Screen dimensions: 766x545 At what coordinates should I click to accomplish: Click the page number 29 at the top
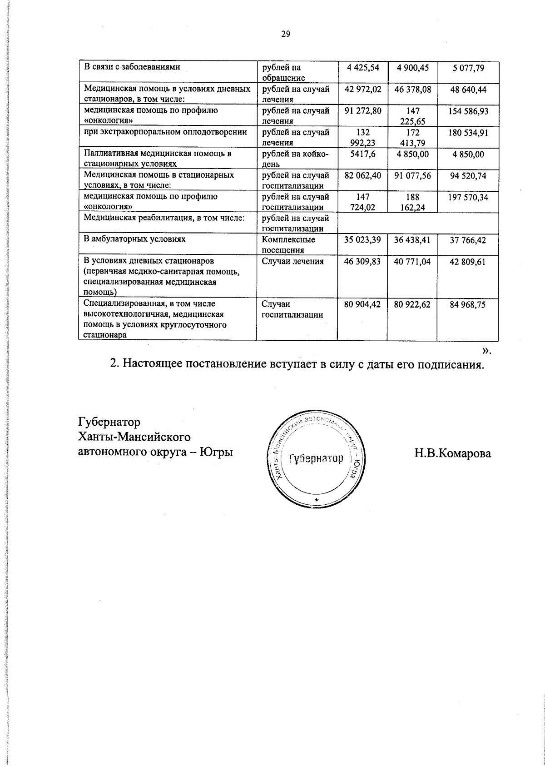285,34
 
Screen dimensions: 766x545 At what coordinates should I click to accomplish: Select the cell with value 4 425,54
362,68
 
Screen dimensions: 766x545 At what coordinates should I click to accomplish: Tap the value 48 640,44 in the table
468,90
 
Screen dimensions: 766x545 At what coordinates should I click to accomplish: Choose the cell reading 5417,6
362,154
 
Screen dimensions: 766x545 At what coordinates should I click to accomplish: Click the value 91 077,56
412,176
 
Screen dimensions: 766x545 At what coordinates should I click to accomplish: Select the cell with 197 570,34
468,197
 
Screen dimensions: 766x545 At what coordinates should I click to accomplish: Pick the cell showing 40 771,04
412,262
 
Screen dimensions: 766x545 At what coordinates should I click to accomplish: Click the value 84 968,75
468,304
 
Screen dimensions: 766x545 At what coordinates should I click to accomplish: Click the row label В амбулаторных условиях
135,239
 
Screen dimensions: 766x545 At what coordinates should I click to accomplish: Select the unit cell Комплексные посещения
288,244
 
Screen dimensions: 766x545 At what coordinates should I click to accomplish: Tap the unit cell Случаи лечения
293,261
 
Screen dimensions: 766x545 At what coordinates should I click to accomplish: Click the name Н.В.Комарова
452,453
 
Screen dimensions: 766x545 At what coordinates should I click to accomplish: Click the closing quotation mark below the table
486,350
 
